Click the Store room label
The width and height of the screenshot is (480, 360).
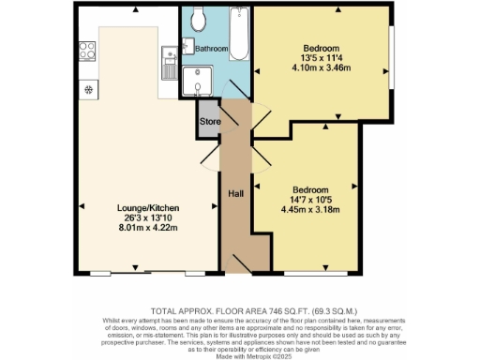(208, 121)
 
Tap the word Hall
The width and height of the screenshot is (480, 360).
(237, 194)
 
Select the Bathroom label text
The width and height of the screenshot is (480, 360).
(212, 48)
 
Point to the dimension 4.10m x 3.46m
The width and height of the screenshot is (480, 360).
(320, 68)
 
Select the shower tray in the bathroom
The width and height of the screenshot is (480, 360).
(198, 82)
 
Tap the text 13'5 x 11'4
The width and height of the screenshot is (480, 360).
(320, 58)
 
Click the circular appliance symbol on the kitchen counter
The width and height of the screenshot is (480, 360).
(88, 90)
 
